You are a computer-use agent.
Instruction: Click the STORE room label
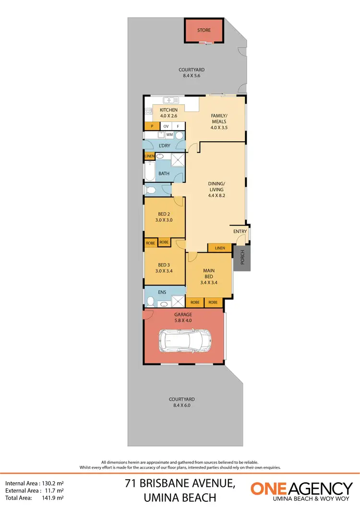coord(204,30)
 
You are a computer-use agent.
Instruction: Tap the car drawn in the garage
coord(184,341)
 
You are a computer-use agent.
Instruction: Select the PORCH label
coord(242,259)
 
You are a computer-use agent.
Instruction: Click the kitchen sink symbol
coord(170,100)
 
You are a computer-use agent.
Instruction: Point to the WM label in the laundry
coord(169,135)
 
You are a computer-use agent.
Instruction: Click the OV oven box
coord(166,126)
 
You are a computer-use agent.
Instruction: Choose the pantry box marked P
coord(152,126)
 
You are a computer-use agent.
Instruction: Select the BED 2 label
coord(164,214)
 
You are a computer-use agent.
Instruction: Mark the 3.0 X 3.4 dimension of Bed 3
coord(164,271)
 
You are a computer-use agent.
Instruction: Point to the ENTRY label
coord(240,231)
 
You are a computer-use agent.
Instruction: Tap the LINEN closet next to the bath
coord(149,156)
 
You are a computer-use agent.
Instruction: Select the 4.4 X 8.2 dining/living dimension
coord(216,195)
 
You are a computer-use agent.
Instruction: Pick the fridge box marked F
coord(178,126)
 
